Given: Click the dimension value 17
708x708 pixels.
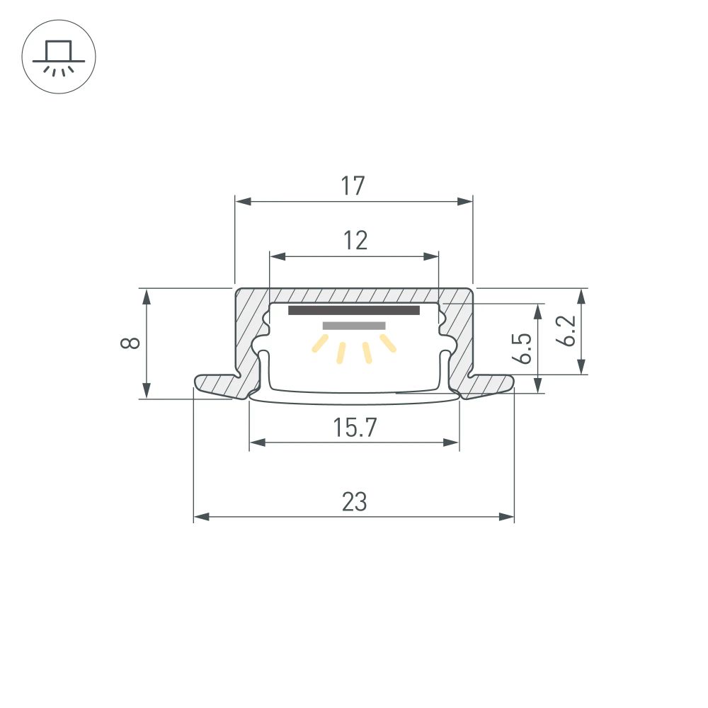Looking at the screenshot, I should (353, 186).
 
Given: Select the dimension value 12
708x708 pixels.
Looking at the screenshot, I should (356, 241).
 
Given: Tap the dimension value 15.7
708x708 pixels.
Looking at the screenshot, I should (354, 428).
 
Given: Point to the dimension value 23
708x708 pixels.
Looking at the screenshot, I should (354, 502).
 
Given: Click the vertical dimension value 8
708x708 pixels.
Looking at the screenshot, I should (130, 343).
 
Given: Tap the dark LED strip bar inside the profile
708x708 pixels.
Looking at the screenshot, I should (353, 311).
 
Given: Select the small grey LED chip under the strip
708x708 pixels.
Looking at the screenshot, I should (354, 326).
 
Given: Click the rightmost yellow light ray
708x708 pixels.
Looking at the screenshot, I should (387, 343).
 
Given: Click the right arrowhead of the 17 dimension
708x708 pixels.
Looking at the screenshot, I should (464, 202).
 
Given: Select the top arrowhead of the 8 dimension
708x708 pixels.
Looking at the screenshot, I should (146, 296).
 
